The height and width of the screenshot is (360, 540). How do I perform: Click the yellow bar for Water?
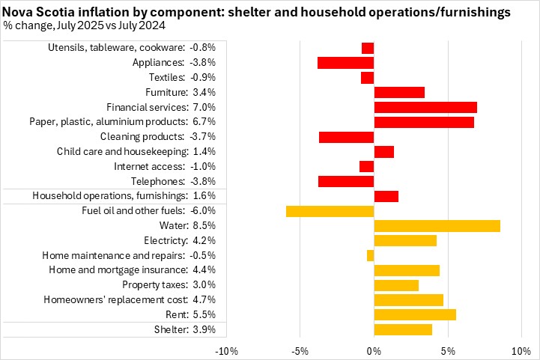coord(437,226)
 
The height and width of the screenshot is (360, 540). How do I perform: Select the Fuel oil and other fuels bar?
coord(330,211)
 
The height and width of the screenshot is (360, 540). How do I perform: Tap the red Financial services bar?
coord(425,107)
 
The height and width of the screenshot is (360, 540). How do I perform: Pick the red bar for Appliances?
coord(345,63)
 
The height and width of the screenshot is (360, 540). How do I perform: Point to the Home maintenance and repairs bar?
coord(370,255)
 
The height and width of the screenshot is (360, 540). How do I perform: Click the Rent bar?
coord(415,314)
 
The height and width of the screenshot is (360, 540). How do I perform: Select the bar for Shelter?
coord(403,329)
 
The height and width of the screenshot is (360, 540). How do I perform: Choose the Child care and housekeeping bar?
coord(384,152)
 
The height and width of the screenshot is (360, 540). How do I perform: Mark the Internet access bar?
coord(366,166)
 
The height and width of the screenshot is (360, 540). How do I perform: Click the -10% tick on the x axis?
coord(226,350)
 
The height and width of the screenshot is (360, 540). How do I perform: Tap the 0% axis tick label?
coord(374,350)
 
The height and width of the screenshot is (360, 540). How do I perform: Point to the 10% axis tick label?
coord(521,350)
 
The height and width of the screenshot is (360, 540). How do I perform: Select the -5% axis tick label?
coord(300,350)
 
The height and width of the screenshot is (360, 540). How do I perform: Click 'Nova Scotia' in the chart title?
coord(37,12)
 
